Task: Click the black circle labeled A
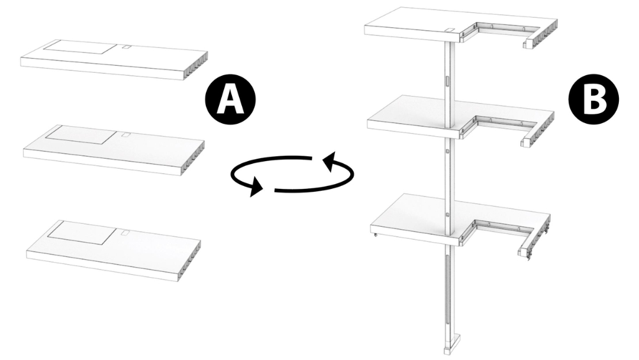click(230, 99)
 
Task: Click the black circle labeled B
click(593, 99)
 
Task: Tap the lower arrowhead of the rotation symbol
click(256, 187)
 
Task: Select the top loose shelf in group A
click(114, 60)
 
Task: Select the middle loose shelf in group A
click(114, 150)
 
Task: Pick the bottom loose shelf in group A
click(114, 250)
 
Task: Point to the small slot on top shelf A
click(127, 47)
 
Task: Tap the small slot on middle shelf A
click(126, 134)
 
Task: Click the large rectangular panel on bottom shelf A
click(82, 232)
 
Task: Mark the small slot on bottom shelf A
click(124, 233)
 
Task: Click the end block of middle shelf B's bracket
click(527, 141)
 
